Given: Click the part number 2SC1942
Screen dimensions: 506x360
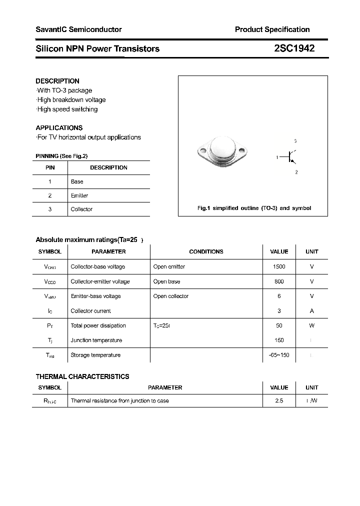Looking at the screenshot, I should pos(294,48).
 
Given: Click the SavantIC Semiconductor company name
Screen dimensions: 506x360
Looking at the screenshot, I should pos(78,29).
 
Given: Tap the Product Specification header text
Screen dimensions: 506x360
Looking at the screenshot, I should pos(272,29).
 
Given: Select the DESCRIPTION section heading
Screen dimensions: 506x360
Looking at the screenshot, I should pos(57,81).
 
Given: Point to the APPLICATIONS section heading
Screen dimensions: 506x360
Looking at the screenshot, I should pos(59,127).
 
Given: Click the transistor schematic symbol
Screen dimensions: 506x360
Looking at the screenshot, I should pos(291,157).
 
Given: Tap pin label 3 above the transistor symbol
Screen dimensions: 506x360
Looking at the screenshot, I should pos(295,141).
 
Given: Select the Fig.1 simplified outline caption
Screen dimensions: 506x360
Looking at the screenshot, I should pos(254,208).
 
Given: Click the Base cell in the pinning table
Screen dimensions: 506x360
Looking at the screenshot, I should pos(77,181).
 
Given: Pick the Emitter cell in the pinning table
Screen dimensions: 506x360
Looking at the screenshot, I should pos(79,195).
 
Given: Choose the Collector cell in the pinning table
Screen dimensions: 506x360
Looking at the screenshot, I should pos(81,209).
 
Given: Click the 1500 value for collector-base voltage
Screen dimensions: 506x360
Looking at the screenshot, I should pos(279,266).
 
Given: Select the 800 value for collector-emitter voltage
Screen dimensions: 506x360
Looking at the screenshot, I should pos(279,281).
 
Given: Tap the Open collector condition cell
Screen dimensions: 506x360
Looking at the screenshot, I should pos(171,296).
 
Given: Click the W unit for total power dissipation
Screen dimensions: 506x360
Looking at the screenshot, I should pos(311,325).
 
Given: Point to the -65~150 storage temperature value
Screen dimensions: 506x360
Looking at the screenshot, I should pos(279,355).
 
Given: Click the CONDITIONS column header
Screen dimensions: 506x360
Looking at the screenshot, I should pos(206,251).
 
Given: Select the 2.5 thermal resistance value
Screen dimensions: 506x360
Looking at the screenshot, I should pos(279,400).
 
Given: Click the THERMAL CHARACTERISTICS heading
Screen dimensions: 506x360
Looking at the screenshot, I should pos(82,376).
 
